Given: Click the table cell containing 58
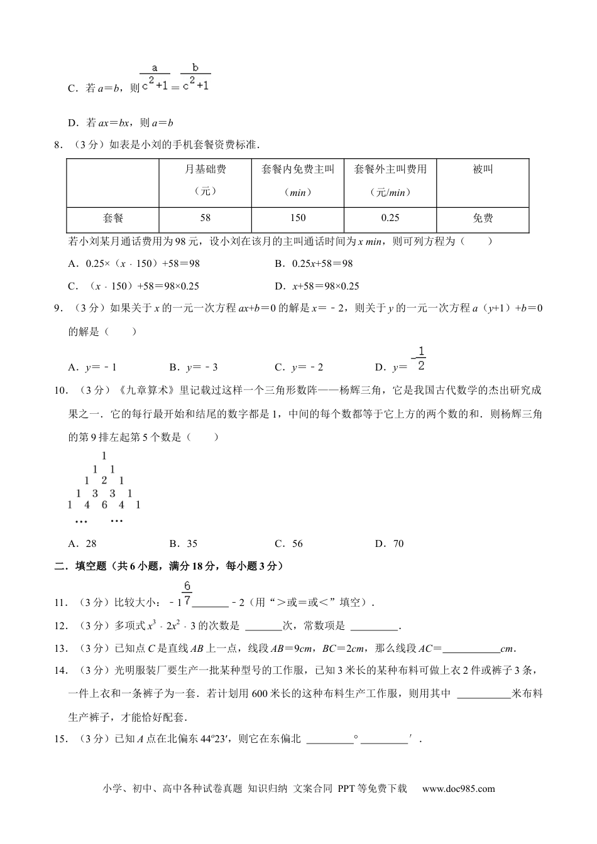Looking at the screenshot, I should tap(205, 218).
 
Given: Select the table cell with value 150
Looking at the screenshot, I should tap(298, 218).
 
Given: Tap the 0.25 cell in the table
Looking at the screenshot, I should tap(390, 218).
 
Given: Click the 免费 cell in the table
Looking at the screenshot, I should tap(483, 218).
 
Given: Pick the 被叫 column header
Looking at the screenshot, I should tap(483, 170).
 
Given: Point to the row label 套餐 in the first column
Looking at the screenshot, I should tap(113, 218).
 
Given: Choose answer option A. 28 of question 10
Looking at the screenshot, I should tap(82, 544).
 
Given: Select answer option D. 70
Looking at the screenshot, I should tap(390, 544).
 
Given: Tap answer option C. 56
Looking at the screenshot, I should tap(289, 544).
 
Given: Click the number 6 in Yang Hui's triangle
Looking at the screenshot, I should tap(104, 504).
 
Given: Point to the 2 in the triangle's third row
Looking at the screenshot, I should tap(104, 481).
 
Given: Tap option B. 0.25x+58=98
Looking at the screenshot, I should tap(314, 264).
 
